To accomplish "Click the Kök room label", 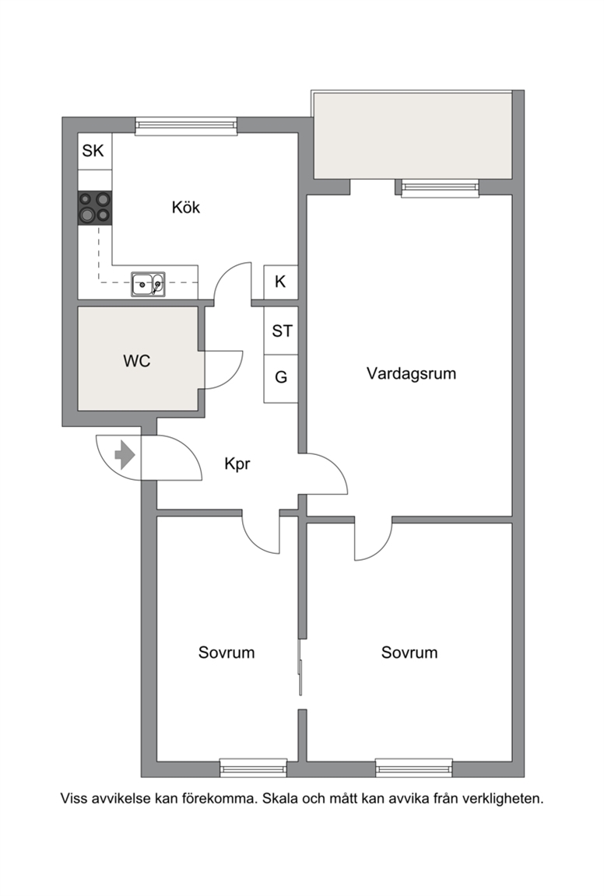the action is (x=186, y=207).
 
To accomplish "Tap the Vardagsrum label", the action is (x=411, y=373).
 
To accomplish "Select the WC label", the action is (x=137, y=361).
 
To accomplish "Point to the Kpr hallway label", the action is (x=237, y=464).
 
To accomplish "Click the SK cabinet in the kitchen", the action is (x=95, y=151).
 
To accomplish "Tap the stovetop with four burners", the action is (x=95, y=208).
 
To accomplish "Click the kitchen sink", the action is (x=148, y=284).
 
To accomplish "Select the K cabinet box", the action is (x=280, y=282).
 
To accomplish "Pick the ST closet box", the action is (x=281, y=331).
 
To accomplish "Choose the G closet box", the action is (x=281, y=378).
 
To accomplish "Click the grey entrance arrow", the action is (x=125, y=456).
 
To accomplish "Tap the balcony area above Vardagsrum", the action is (x=413, y=135).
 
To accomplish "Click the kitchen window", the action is (x=186, y=126).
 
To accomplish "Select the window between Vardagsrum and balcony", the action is (x=440, y=188).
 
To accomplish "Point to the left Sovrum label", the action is (x=226, y=653).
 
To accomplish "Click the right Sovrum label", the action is (x=409, y=653).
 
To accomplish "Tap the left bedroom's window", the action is (x=254, y=768).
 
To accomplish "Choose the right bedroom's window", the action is (x=414, y=768).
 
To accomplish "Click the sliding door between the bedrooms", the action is (x=300, y=667).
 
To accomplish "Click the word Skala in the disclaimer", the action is (x=280, y=798).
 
